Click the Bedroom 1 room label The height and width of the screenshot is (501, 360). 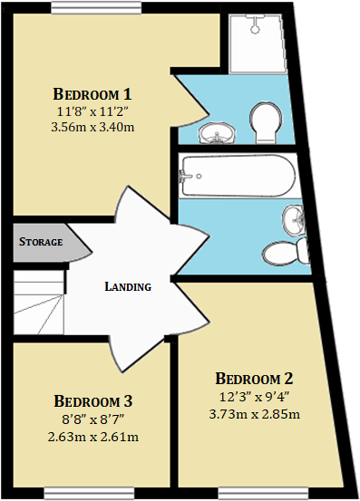pyautogui.click(x=93, y=93)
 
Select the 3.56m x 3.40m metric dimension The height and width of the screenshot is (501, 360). pyautogui.click(x=93, y=127)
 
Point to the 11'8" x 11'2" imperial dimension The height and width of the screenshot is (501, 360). pyautogui.click(x=93, y=111)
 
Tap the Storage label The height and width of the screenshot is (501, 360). pyautogui.click(x=41, y=243)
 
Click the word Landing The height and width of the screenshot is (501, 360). pyautogui.click(x=128, y=287)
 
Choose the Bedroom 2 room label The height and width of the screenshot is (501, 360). pyautogui.click(x=255, y=379)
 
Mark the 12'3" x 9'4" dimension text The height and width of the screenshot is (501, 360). pyautogui.click(x=255, y=397)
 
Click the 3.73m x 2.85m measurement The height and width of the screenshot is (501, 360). pyautogui.click(x=255, y=414)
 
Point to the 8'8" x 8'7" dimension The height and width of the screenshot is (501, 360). pyautogui.click(x=94, y=419)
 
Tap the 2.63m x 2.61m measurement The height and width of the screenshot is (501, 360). pyautogui.click(x=94, y=437)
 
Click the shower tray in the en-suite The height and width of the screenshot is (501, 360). pyautogui.click(x=260, y=43)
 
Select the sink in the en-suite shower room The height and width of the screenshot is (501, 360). pyautogui.click(x=216, y=134)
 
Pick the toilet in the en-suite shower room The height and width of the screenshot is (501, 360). pyautogui.click(x=267, y=122)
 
